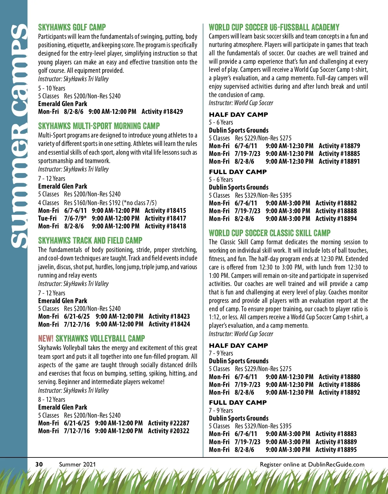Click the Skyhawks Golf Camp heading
(72, 27)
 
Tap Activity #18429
(162, 112)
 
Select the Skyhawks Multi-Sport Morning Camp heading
(99, 126)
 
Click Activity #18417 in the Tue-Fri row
(165, 218)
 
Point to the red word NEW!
(46, 339)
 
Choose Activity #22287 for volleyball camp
(168, 423)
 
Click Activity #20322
(168, 431)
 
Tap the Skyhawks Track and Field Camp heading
(90, 240)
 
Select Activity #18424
(169, 324)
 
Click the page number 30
(39, 464)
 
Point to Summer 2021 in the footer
(77, 464)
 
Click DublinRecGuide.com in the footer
(336, 464)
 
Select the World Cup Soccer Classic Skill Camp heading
(270, 233)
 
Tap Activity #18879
(339, 146)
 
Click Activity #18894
(336, 219)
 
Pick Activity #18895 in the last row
(336, 450)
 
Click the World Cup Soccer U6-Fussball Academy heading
(274, 27)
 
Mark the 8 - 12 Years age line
(52, 400)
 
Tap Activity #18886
(339, 385)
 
